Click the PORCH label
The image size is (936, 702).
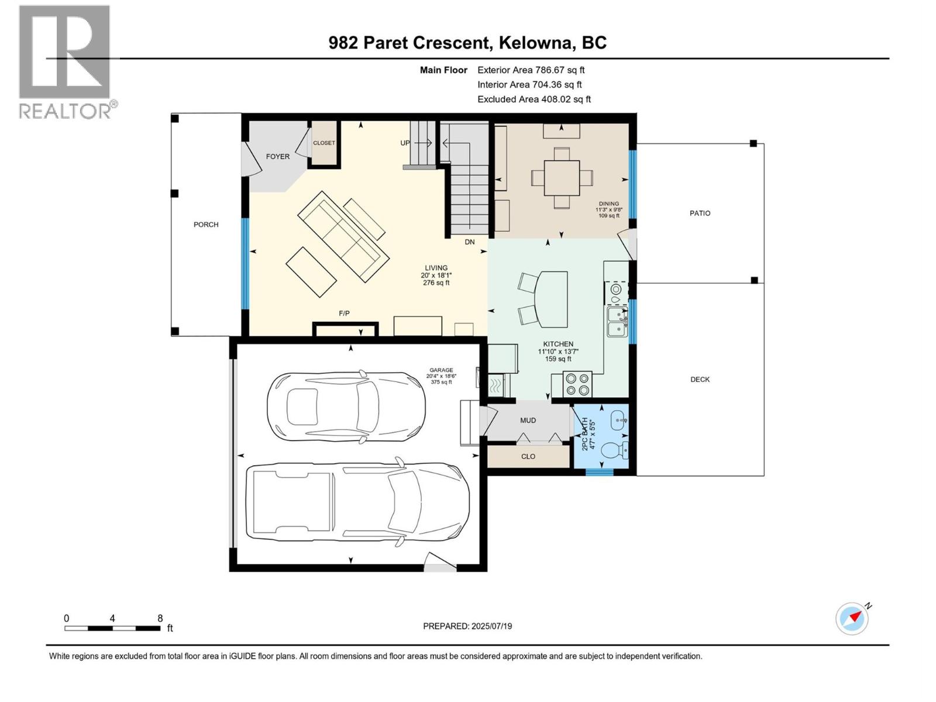pos(206,225)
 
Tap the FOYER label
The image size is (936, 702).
pos(277,157)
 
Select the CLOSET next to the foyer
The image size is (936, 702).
pos(324,143)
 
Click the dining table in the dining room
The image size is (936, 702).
pos(562,178)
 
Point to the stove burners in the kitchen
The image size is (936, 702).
pos(577,384)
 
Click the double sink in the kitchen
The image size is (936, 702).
pos(617,322)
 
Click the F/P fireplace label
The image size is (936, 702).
pos(344,314)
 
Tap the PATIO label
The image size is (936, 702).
pos(700,214)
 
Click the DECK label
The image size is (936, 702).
pos(700,380)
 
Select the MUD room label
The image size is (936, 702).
pos(528,421)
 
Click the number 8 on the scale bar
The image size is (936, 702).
pos(160,618)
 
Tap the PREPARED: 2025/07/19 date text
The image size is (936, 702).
pos(467,626)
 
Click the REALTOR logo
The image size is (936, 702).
pos(66,61)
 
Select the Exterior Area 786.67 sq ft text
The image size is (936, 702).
pos(531,70)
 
